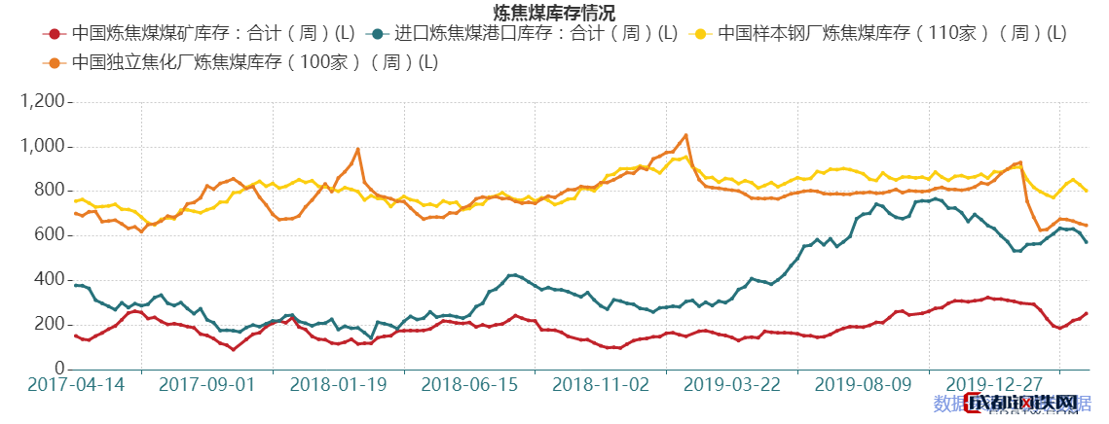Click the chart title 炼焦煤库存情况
coord(553,13)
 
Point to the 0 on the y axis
coord(59,370)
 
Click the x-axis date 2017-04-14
coord(76,385)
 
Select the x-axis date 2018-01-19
coord(339,385)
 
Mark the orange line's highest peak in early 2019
coord(685,135)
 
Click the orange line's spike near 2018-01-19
coord(358,149)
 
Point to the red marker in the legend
coord(55,34)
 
